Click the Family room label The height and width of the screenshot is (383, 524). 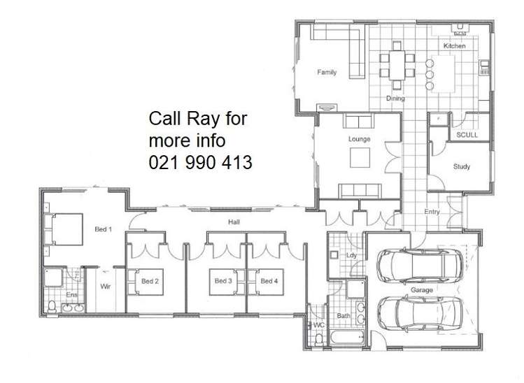pyautogui.click(x=327, y=72)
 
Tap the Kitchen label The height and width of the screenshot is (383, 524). pyautogui.click(x=454, y=46)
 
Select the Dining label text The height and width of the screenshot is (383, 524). pyautogui.click(x=395, y=99)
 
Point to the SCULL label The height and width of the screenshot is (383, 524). pyautogui.click(x=467, y=135)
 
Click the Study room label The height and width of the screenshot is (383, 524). pyautogui.click(x=461, y=167)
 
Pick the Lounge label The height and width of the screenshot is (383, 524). pyautogui.click(x=359, y=139)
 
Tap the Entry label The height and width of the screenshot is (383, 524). pyautogui.click(x=432, y=212)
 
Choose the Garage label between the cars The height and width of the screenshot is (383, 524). pyautogui.click(x=422, y=289)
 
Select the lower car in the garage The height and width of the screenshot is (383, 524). pyautogui.click(x=420, y=312)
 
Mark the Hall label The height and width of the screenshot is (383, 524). pyautogui.click(x=234, y=222)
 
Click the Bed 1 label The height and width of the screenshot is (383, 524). pyautogui.click(x=104, y=229)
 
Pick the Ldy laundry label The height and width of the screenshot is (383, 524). pyautogui.click(x=352, y=256)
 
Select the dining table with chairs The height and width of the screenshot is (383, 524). pyautogui.click(x=396, y=65)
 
